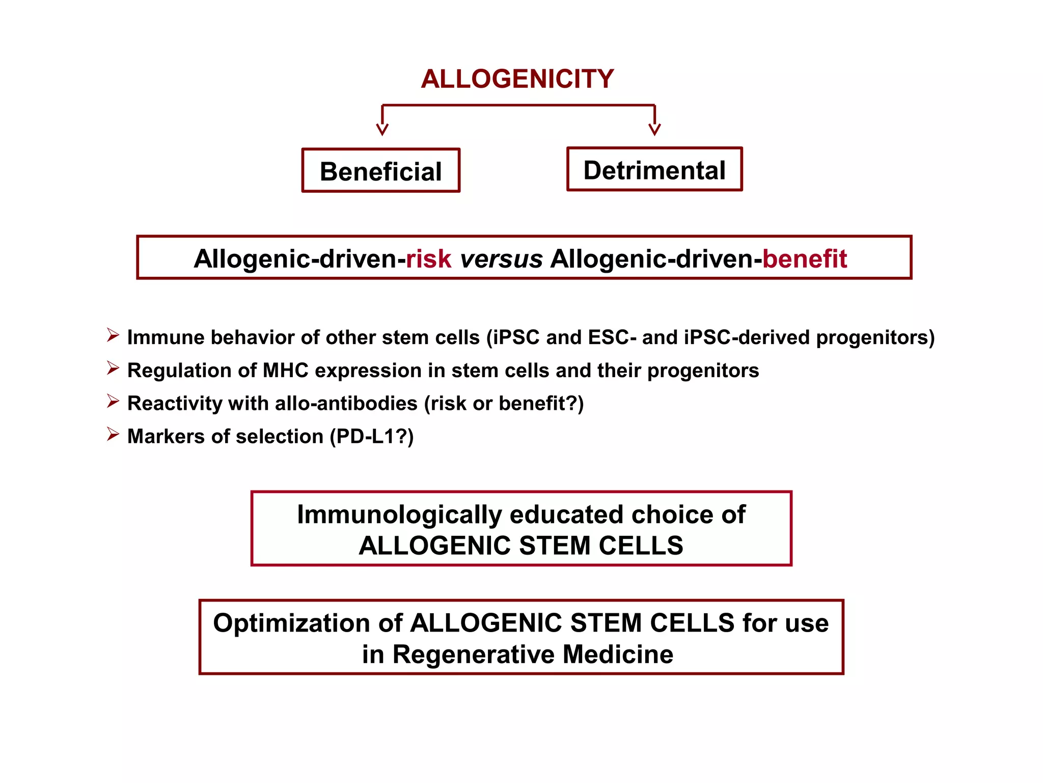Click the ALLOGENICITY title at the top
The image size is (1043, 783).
[x=517, y=79]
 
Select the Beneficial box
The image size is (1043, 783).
[x=381, y=171]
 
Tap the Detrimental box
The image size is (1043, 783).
[x=654, y=170]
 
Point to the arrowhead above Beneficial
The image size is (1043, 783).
[x=382, y=128]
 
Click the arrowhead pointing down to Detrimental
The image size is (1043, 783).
[x=654, y=128]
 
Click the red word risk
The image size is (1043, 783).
[x=428, y=258]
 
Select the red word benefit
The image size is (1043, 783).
[x=804, y=258]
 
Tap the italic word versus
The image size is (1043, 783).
[x=501, y=259]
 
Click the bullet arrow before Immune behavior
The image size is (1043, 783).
[x=113, y=335]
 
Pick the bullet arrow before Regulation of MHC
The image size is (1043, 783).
[x=113, y=368]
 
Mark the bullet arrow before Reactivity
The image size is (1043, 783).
[x=113, y=401]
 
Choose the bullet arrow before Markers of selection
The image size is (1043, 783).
[x=113, y=434]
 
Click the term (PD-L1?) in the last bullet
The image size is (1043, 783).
[x=372, y=436]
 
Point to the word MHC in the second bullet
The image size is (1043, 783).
[x=285, y=371]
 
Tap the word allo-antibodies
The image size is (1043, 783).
[x=346, y=403]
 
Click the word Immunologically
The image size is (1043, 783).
[x=400, y=514]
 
